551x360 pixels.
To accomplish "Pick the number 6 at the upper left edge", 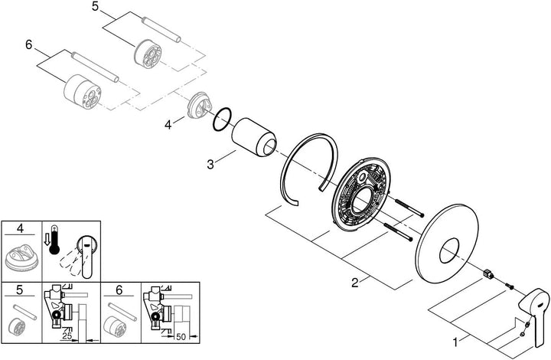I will coord(28,46).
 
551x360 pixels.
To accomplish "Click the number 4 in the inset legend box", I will coord(21,228).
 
